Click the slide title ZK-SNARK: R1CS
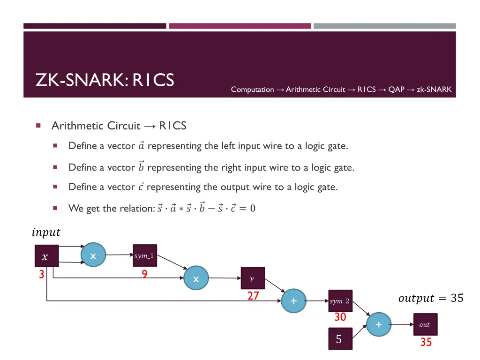(x=105, y=81)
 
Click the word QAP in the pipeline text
(x=396, y=90)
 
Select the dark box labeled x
(x=46, y=256)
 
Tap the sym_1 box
(x=144, y=256)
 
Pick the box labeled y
(x=252, y=279)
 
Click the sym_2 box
(x=340, y=301)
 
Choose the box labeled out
(x=425, y=324)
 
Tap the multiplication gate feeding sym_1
(x=93, y=255)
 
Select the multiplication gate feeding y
(x=196, y=279)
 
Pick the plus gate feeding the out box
(x=378, y=324)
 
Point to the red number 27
(x=254, y=296)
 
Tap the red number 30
(x=340, y=317)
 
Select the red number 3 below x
(x=41, y=275)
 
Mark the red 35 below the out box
(x=426, y=343)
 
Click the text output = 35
(x=430, y=298)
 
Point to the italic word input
(x=46, y=232)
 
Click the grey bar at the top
(x=384, y=26)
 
